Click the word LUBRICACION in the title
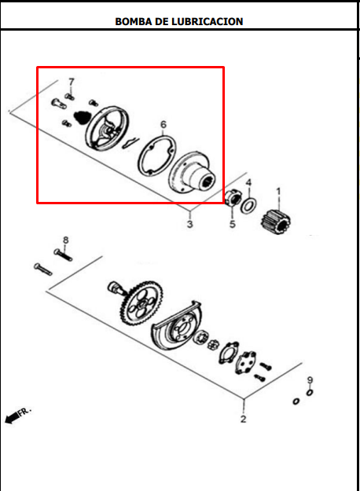pyautogui.click(x=207, y=21)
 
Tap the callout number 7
pyautogui.click(x=72, y=82)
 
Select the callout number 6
pyautogui.click(x=163, y=125)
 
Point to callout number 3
pyautogui.click(x=190, y=224)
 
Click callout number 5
pyautogui.click(x=232, y=224)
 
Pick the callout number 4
pyautogui.click(x=248, y=182)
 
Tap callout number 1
pyautogui.click(x=278, y=192)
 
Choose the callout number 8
pyautogui.click(x=65, y=240)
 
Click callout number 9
pyautogui.click(x=310, y=380)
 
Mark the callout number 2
pyautogui.click(x=244, y=419)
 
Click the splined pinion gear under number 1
pyautogui.click(x=276, y=222)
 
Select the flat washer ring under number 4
pyautogui.click(x=248, y=206)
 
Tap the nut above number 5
pyautogui.click(x=233, y=198)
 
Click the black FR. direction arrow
pyautogui.click(x=12, y=418)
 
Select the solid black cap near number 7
pyautogui.click(x=82, y=117)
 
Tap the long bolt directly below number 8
pyautogui.click(x=63, y=255)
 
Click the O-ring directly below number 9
pyautogui.click(x=310, y=392)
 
